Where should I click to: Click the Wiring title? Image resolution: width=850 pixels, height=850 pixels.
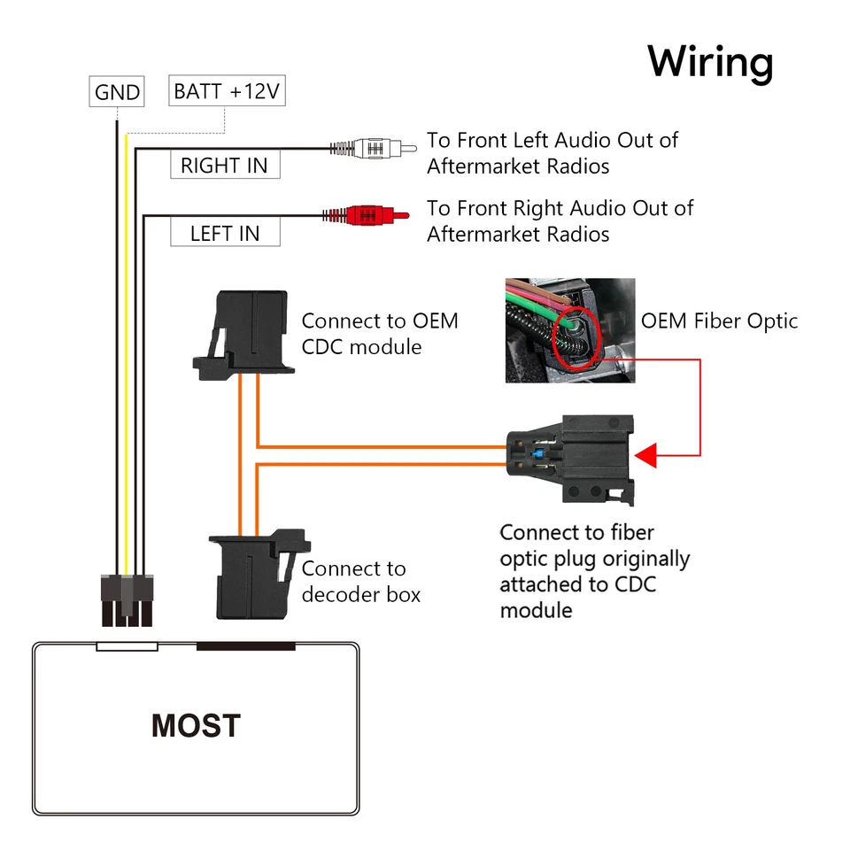[710, 63]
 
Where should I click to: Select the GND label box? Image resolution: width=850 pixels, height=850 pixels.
[117, 92]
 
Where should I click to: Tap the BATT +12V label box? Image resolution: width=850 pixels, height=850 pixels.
[228, 91]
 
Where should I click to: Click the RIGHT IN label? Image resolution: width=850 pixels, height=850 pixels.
[224, 166]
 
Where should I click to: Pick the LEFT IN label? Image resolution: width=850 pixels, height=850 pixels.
[225, 234]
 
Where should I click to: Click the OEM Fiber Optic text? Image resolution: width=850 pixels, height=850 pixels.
[719, 321]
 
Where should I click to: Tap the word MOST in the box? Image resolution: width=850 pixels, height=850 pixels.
[196, 726]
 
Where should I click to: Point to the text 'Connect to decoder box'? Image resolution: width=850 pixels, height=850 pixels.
[360, 581]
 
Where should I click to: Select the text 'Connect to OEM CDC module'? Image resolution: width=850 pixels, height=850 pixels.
[380, 333]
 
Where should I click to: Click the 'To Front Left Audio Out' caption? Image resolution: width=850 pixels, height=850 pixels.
[552, 152]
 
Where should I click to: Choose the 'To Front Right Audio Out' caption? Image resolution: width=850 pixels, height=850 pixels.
[560, 220]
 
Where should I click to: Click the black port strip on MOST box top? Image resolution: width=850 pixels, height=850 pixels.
[245, 646]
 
